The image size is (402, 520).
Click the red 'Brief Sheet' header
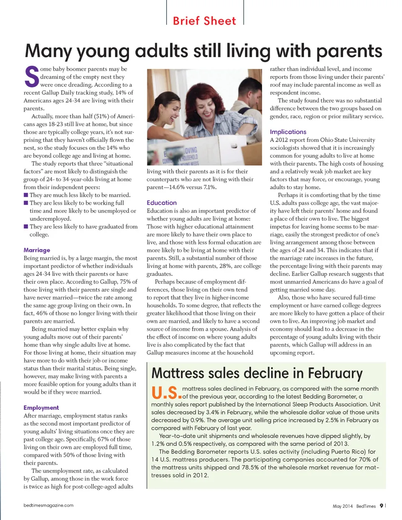(204, 21)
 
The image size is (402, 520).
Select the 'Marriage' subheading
(37, 250)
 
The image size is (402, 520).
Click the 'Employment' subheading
(41, 407)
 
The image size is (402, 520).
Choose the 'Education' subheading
(162, 203)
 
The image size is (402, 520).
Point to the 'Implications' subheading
(288, 132)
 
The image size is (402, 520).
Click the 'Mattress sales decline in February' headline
(257, 373)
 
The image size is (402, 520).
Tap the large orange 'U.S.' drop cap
(166, 392)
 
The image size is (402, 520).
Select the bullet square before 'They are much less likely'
(26, 195)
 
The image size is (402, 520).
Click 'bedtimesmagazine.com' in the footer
(49, 505)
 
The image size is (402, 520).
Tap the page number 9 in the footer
(381, 506)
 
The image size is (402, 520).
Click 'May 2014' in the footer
(343, 506)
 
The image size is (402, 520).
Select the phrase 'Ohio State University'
(348, 140)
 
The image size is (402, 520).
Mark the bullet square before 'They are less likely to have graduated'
(26, 227)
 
